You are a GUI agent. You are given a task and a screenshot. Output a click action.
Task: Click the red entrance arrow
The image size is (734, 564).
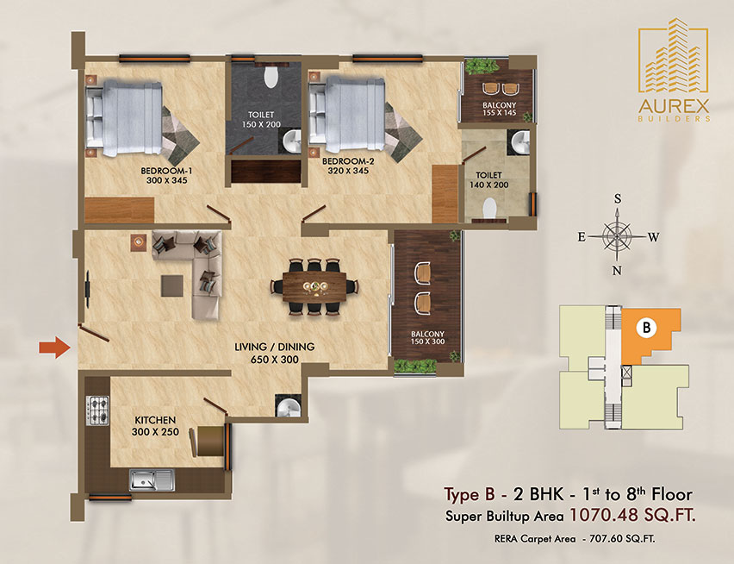pyautogui.click(x=54, y=348)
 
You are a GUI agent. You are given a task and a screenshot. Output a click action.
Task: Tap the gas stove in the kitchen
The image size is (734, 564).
pyautogui.click(x=97, y=410)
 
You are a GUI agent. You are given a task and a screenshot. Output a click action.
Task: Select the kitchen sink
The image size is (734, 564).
pyautogui.click(x=152, y=480)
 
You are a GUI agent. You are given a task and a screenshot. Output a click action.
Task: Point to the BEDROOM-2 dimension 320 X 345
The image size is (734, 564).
pyautogui.click(x=348, y=171)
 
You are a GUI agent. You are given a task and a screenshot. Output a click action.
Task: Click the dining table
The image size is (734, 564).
pyautogui.click(x=314, y=286)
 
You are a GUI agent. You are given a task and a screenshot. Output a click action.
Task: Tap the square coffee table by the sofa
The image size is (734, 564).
pyautogui.click(x=172, y=285)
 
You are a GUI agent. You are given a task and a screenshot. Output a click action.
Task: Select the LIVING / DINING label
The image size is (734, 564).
pyautogui.click(x=274, y=348)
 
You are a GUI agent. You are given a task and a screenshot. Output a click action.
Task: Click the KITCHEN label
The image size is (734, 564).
pyautogui.click(x=155, y=420)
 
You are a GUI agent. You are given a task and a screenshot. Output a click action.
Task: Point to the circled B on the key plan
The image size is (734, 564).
pyautogui.click(x=646, y=327)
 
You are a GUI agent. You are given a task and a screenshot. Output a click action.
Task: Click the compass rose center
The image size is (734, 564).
pyautogui.click(x=618, y=236)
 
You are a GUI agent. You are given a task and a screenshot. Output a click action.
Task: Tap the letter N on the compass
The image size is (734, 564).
pyautogui.click(x=618, y=270)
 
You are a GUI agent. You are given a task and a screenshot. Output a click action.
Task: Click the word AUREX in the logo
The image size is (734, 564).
pyautogui.click(x=674, y=106)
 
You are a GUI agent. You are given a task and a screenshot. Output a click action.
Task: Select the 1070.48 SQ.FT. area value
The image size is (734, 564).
pyautogui.click(x=632, y=516)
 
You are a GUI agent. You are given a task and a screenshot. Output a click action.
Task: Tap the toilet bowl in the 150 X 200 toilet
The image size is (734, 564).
pyautogui.click(x=271, y=78)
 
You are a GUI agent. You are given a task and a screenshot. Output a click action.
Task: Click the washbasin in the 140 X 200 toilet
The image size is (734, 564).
pyautogui.click(x=520, y=142)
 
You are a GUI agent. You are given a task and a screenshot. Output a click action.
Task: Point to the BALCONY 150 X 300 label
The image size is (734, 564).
pyautogui.click(x=427, y=338)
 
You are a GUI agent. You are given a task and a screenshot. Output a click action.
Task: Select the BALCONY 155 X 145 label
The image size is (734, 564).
pyautogui.click(x=499, y=110)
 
